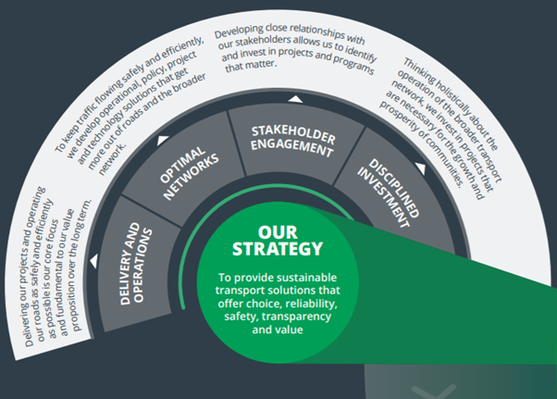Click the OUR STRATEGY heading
278,241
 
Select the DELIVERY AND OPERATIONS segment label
136,264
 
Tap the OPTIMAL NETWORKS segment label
189,172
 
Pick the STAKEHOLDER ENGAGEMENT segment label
292,141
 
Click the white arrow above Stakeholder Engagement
295,99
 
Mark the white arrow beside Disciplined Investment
420,168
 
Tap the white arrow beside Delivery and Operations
93,261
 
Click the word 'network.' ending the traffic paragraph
112,159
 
